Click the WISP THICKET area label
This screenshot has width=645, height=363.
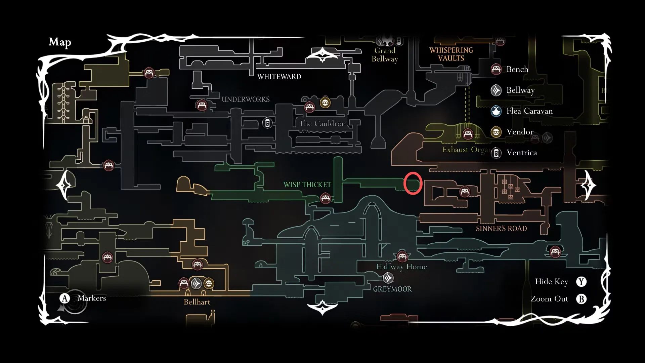(307, 185)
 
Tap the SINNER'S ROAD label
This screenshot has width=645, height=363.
(501, 229)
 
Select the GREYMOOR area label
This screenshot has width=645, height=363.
(392, 289)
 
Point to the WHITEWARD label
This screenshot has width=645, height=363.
(279, 77)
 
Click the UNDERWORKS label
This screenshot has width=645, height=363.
(246, 99)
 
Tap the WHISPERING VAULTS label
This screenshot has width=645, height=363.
(451, 54)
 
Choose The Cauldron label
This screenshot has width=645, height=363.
(322, 124)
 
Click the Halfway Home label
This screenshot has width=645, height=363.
(401, 267)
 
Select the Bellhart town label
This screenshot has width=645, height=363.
(197, 302)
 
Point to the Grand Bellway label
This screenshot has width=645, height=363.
(385, 55)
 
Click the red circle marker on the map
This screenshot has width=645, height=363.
(413, 183)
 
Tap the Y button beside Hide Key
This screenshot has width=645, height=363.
(581, 282)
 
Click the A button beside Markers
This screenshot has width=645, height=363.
(64, 298)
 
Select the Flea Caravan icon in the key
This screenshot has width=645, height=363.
(496, 111)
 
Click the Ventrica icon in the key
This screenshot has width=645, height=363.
(496, 153)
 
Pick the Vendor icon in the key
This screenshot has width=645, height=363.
(496, 132)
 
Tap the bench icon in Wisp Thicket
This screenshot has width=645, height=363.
(325, 198)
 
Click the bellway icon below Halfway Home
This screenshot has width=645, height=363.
(388, 278)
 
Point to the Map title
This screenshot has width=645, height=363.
(60, 42)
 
